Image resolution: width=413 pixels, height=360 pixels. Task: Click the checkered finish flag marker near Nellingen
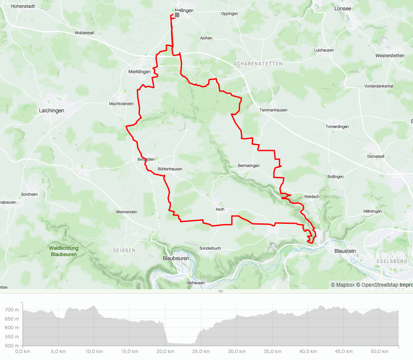coord(177,15)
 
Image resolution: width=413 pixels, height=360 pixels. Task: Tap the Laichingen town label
coord(52,111)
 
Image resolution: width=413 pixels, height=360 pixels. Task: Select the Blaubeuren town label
coord(176,258)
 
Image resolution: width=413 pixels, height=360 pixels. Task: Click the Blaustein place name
coord(345,251)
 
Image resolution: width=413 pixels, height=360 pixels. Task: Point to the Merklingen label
coord(140,72)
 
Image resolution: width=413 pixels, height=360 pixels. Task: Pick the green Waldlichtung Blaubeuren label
coord(64,251)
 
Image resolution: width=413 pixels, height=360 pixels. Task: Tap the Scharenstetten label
coord(258,63)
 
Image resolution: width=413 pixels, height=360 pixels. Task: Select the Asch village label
coord(220,209)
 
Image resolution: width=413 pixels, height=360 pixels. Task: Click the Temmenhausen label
coord(273,110)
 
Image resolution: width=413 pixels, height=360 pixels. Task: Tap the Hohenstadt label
coord(23,7)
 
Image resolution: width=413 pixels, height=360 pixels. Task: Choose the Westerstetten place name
coord(390,56)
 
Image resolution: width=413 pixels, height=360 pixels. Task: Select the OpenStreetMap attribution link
coord(377,285)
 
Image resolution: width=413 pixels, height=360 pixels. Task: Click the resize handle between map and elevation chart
coord(220,291)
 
